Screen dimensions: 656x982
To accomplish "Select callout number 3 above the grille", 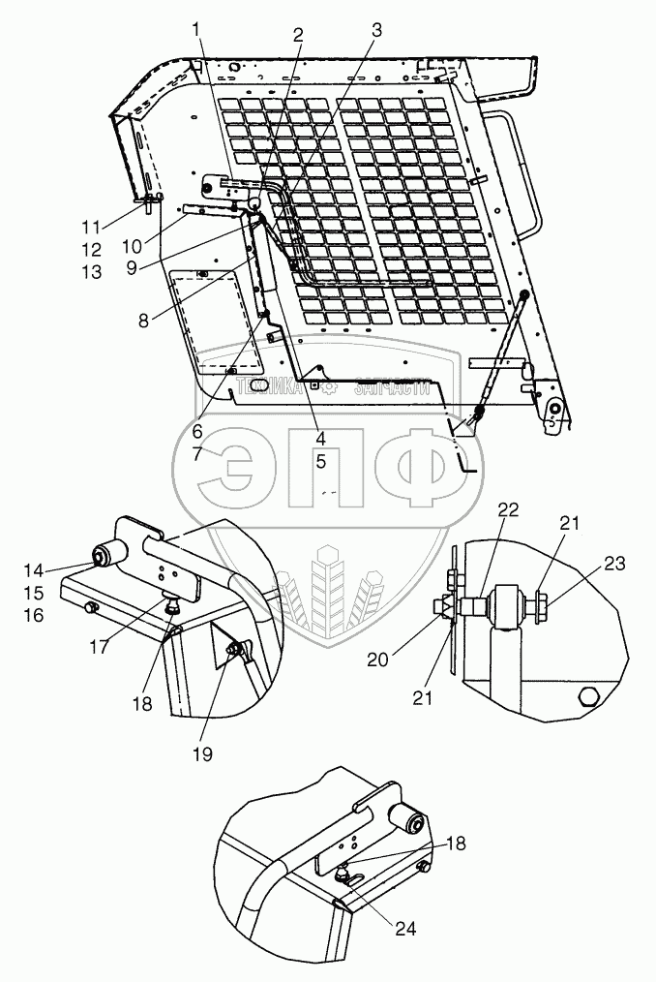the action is pyautogui.click(x=376, y=30).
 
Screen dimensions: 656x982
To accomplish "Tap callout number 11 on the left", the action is pyautogui.click(x=91, y=229).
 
